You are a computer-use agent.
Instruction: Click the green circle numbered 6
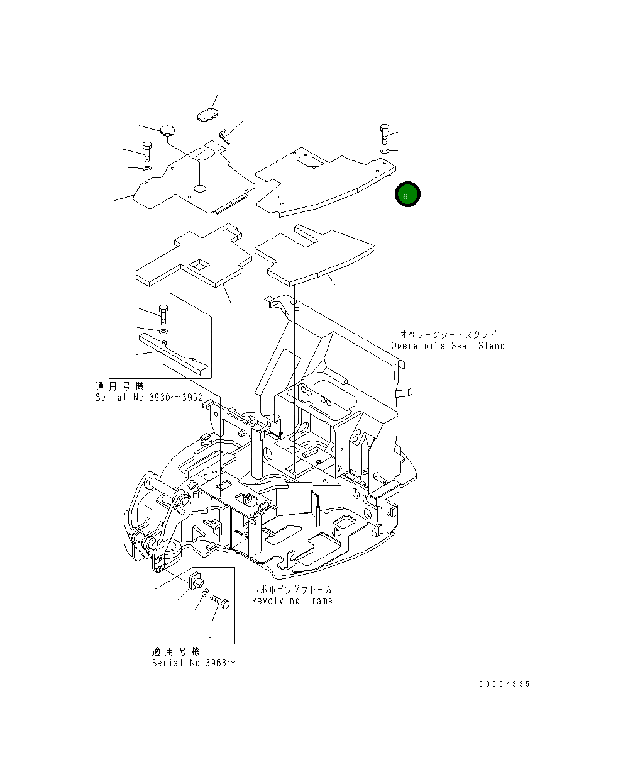[407, 195]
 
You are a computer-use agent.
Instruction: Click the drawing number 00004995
[503, 684]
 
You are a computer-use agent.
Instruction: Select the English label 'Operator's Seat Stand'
[448, 346]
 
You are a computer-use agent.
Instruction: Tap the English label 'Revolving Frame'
[292, 600]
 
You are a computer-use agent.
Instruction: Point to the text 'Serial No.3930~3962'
[148, 397]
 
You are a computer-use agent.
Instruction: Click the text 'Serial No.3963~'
[195, 663]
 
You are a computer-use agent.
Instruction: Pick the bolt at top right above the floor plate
[384, 133]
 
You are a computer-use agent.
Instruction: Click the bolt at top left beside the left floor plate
[146, 152]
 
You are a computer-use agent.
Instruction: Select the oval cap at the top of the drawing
[207, 115]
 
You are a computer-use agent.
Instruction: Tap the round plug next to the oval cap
[168, 130]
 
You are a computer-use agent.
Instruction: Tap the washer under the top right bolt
[383, 152]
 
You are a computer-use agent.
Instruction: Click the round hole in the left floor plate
[200, 188]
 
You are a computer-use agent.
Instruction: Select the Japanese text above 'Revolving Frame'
[292, 590]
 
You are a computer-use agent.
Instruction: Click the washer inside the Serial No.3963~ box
[205, 593]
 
